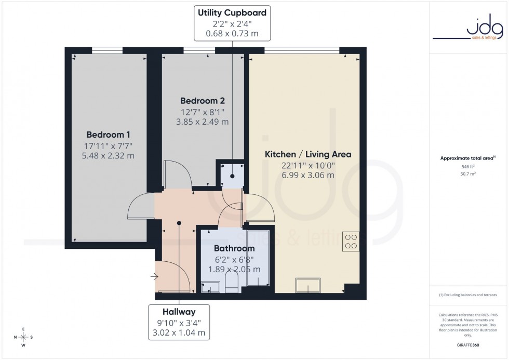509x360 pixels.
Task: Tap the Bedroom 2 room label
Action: pyautogui.click(x=202, y=100)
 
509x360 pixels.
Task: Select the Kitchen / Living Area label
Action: pyautogui.click(x=308, y=154)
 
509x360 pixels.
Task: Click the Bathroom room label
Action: pyautogui.click(x=234, y=248)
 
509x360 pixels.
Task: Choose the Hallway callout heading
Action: pyautogui.click(x=179, y=312)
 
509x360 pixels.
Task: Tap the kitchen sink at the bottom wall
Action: pyautogui.click(x=309, y=285)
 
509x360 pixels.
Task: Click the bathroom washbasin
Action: pyautogui.click(x=210, y=287)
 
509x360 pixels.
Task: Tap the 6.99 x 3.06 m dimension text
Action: pyautogui.click(x=308, y=175)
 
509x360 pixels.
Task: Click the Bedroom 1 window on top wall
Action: pyautogui.click(x=108, y=50)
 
